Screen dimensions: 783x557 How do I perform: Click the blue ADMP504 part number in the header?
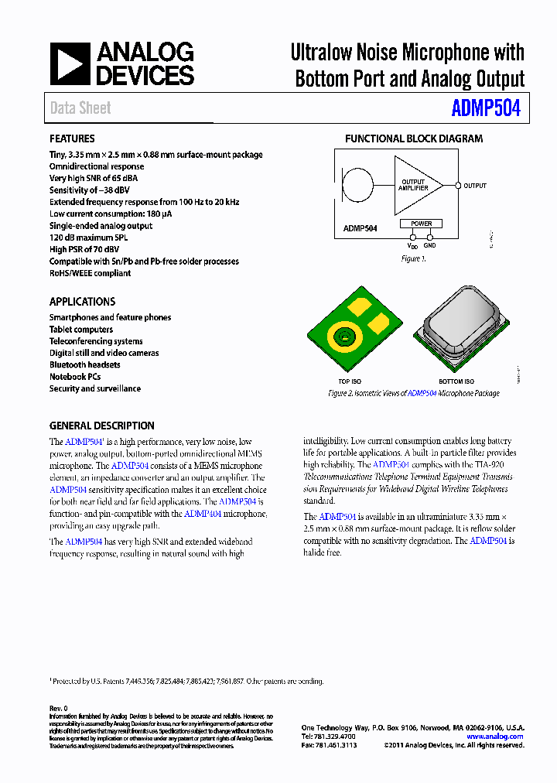coord(486,108)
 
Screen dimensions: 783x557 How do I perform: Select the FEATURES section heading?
coord(72,138)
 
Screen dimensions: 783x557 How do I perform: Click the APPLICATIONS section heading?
coord(82,302)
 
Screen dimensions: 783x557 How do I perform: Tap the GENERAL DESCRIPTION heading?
coord(101,426)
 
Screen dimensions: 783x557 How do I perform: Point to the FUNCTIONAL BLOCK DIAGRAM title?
coord(413,138)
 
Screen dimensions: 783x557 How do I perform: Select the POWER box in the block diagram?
coord(421,224)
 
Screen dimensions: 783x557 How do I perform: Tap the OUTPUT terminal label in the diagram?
coord(475,186)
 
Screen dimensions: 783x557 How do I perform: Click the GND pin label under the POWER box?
coord(430,245)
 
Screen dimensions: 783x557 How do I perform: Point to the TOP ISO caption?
coord(350,381)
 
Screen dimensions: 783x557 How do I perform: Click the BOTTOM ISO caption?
coord(456,381)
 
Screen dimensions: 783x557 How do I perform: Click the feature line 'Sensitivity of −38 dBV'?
coord(89,190)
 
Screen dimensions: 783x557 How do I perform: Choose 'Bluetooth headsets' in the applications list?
coord(84,364)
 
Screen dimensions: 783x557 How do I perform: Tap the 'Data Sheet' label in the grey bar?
coord(80,108)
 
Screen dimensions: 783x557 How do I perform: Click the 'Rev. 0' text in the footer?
coord(59,708)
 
